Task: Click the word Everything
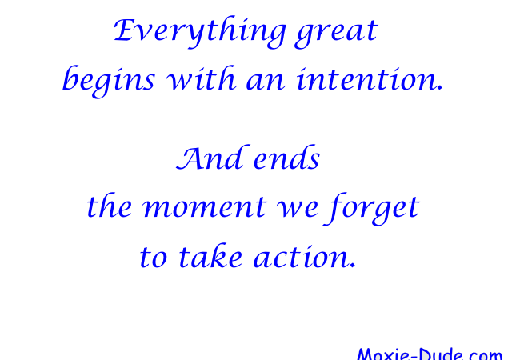point(200,32)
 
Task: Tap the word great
point(336,34)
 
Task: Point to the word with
point(201,78)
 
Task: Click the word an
point(266,82)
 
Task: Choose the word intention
point(367,79)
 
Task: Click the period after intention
point(441,88)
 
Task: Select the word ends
point(286,158)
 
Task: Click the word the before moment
point(110,206)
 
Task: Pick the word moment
point(205,208)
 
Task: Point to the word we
point(297,209)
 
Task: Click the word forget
point(371,209)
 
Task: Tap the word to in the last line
point(154,258)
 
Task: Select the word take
point(210,255)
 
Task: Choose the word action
point(302,257)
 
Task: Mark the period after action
point(353,266)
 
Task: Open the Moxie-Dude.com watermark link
point(430,354)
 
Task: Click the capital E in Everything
point(125,30)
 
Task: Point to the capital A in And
point(193,158)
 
